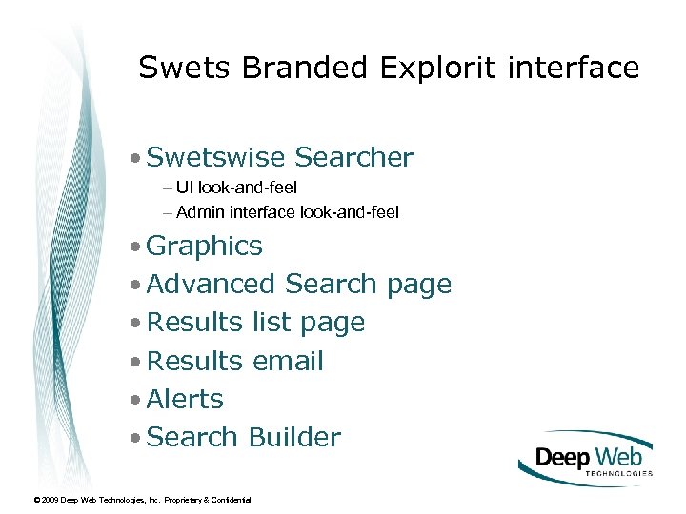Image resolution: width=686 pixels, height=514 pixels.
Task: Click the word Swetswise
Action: pos(217,157)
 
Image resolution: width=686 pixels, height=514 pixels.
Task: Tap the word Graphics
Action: pos(205,247)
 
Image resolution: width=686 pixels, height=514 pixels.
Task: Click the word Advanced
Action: pos(212,285)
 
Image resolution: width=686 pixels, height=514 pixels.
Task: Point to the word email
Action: pos(288,362)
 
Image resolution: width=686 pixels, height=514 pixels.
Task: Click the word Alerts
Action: pos(185,400)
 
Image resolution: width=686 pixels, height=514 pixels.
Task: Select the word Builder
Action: pos(294,438)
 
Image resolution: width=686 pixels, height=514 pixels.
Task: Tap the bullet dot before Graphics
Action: pos(138,247)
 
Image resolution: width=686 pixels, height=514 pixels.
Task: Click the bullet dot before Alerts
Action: pos(138,400)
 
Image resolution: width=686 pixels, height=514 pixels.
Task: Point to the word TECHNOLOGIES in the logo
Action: pos(616,472)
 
